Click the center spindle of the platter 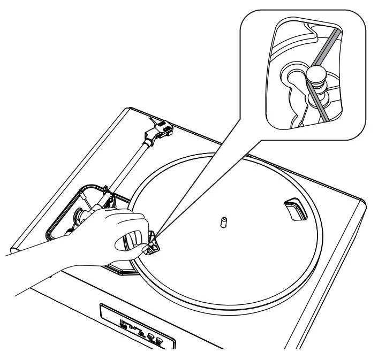223,221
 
